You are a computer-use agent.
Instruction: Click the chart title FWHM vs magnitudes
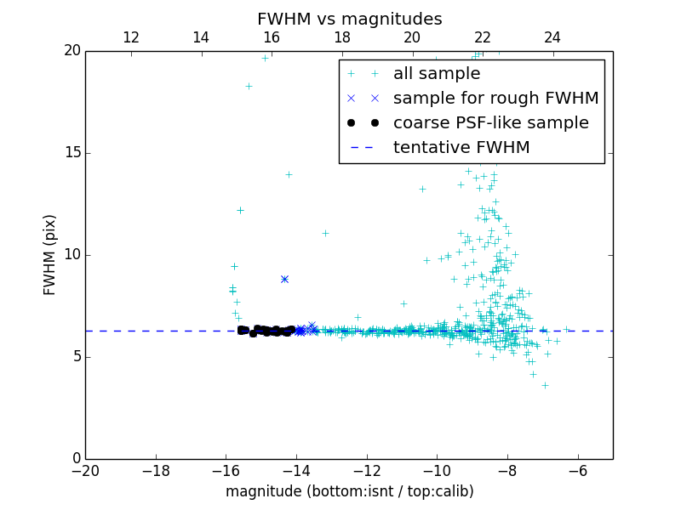349,19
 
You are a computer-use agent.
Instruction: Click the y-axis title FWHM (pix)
50,255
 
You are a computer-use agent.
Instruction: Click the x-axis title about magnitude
349,491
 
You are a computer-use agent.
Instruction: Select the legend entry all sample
437,74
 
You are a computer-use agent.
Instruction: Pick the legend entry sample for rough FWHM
495,99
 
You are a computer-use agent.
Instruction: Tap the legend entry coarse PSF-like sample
490,123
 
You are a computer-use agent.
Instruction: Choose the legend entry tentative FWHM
461,147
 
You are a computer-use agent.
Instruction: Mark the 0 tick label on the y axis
75,459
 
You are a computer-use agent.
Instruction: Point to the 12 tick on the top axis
131,37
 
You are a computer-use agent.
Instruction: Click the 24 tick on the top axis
552,37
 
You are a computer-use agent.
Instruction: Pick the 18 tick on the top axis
341,37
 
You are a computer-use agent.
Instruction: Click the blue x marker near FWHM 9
284,279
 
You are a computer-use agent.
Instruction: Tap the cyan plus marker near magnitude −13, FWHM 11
325,233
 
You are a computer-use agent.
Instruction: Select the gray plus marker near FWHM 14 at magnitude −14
289,174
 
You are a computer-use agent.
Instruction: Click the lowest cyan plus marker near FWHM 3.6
545,385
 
